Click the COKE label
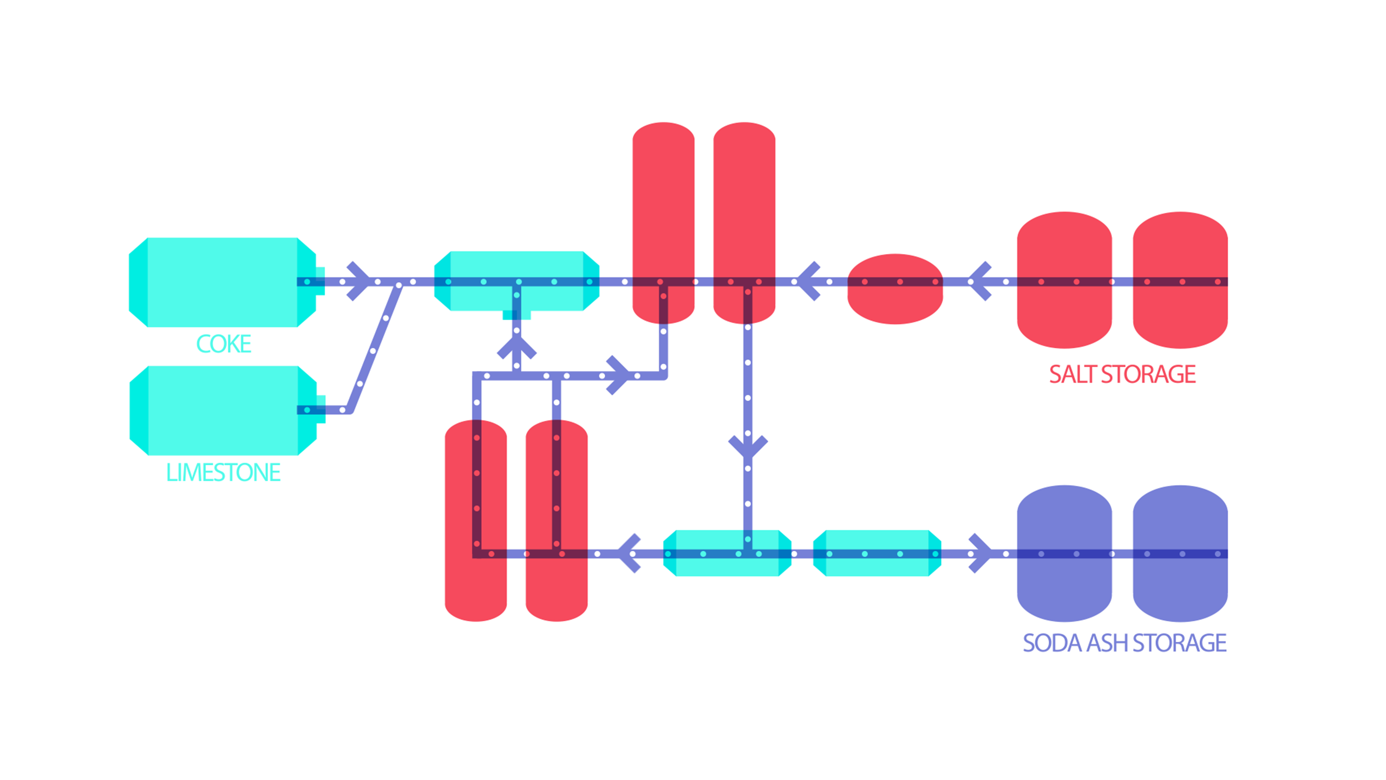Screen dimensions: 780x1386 coord(224,344)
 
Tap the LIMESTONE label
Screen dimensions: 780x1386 coord(223,472)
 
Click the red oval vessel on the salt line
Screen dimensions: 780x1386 coord(895,303)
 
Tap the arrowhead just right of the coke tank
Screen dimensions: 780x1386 coord(358,281)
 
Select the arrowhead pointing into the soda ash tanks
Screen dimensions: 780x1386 coord(980,554)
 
